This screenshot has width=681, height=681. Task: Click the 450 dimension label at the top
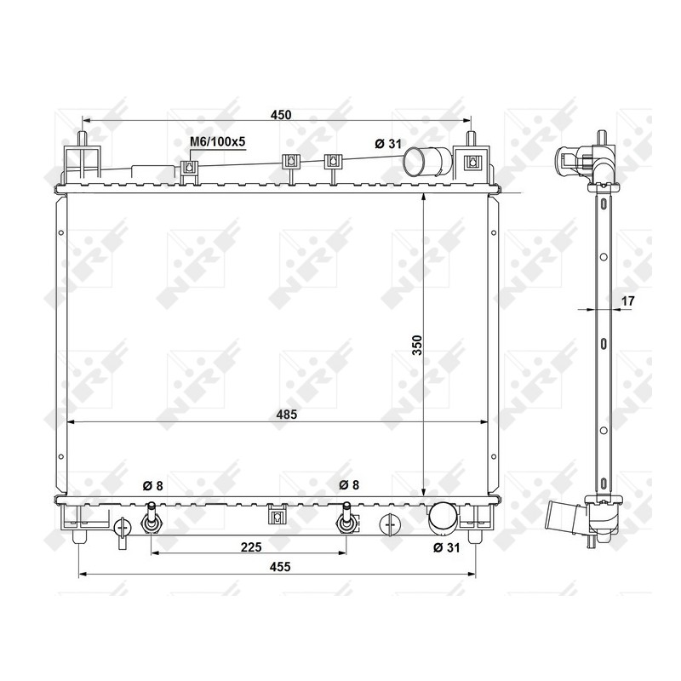[281, 115]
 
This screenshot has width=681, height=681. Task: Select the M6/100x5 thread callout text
[218, 141]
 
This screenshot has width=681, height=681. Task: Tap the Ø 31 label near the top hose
[388, 144]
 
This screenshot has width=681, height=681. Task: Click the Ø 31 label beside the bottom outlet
[446, 547]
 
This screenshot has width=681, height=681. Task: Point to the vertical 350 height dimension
[417, 346]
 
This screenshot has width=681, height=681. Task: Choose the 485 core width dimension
[287, 415]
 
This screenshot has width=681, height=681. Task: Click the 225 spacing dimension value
[251, 547]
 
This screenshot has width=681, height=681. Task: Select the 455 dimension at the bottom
[280, 567]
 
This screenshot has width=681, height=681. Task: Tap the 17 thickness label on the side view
[628, 300]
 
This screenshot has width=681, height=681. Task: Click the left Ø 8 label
[153, 486]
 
